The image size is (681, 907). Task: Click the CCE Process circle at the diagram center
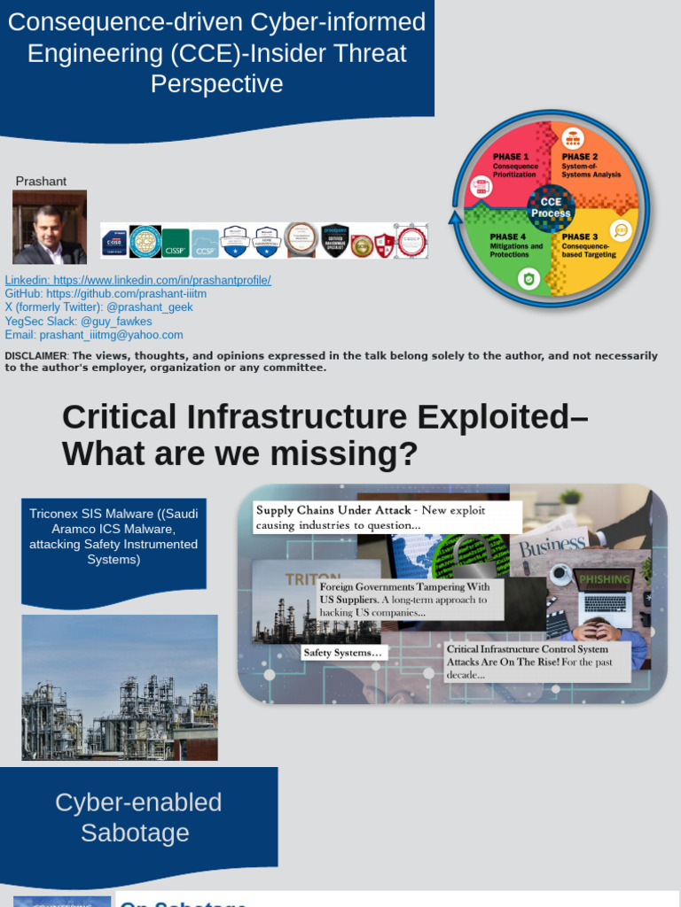pos(551,208)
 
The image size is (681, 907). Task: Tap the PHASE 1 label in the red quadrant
pos(511,157)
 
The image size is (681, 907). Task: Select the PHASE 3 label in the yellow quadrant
pos(580,236)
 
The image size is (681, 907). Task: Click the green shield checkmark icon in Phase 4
pos(528,279)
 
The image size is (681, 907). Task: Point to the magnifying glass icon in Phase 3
pos(621,229)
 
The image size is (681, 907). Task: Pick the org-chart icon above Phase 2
pos(571,138)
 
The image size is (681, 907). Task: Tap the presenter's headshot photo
pos(50,228)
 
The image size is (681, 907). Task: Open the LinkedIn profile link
pos(137,280)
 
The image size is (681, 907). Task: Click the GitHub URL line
pos(106,294)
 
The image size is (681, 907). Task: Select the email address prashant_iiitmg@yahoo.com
pos(94,335)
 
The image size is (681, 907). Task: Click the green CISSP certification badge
pos(175,241)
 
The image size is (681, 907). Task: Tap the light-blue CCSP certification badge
pos(205,242)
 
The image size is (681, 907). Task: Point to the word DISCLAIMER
pos(35,356)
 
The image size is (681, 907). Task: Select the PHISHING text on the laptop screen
pos(605,579)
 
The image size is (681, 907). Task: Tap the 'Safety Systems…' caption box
pos(344,653)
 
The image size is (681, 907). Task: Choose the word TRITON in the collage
pos(312,579)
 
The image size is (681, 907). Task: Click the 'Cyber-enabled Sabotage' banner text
pos(137,818)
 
